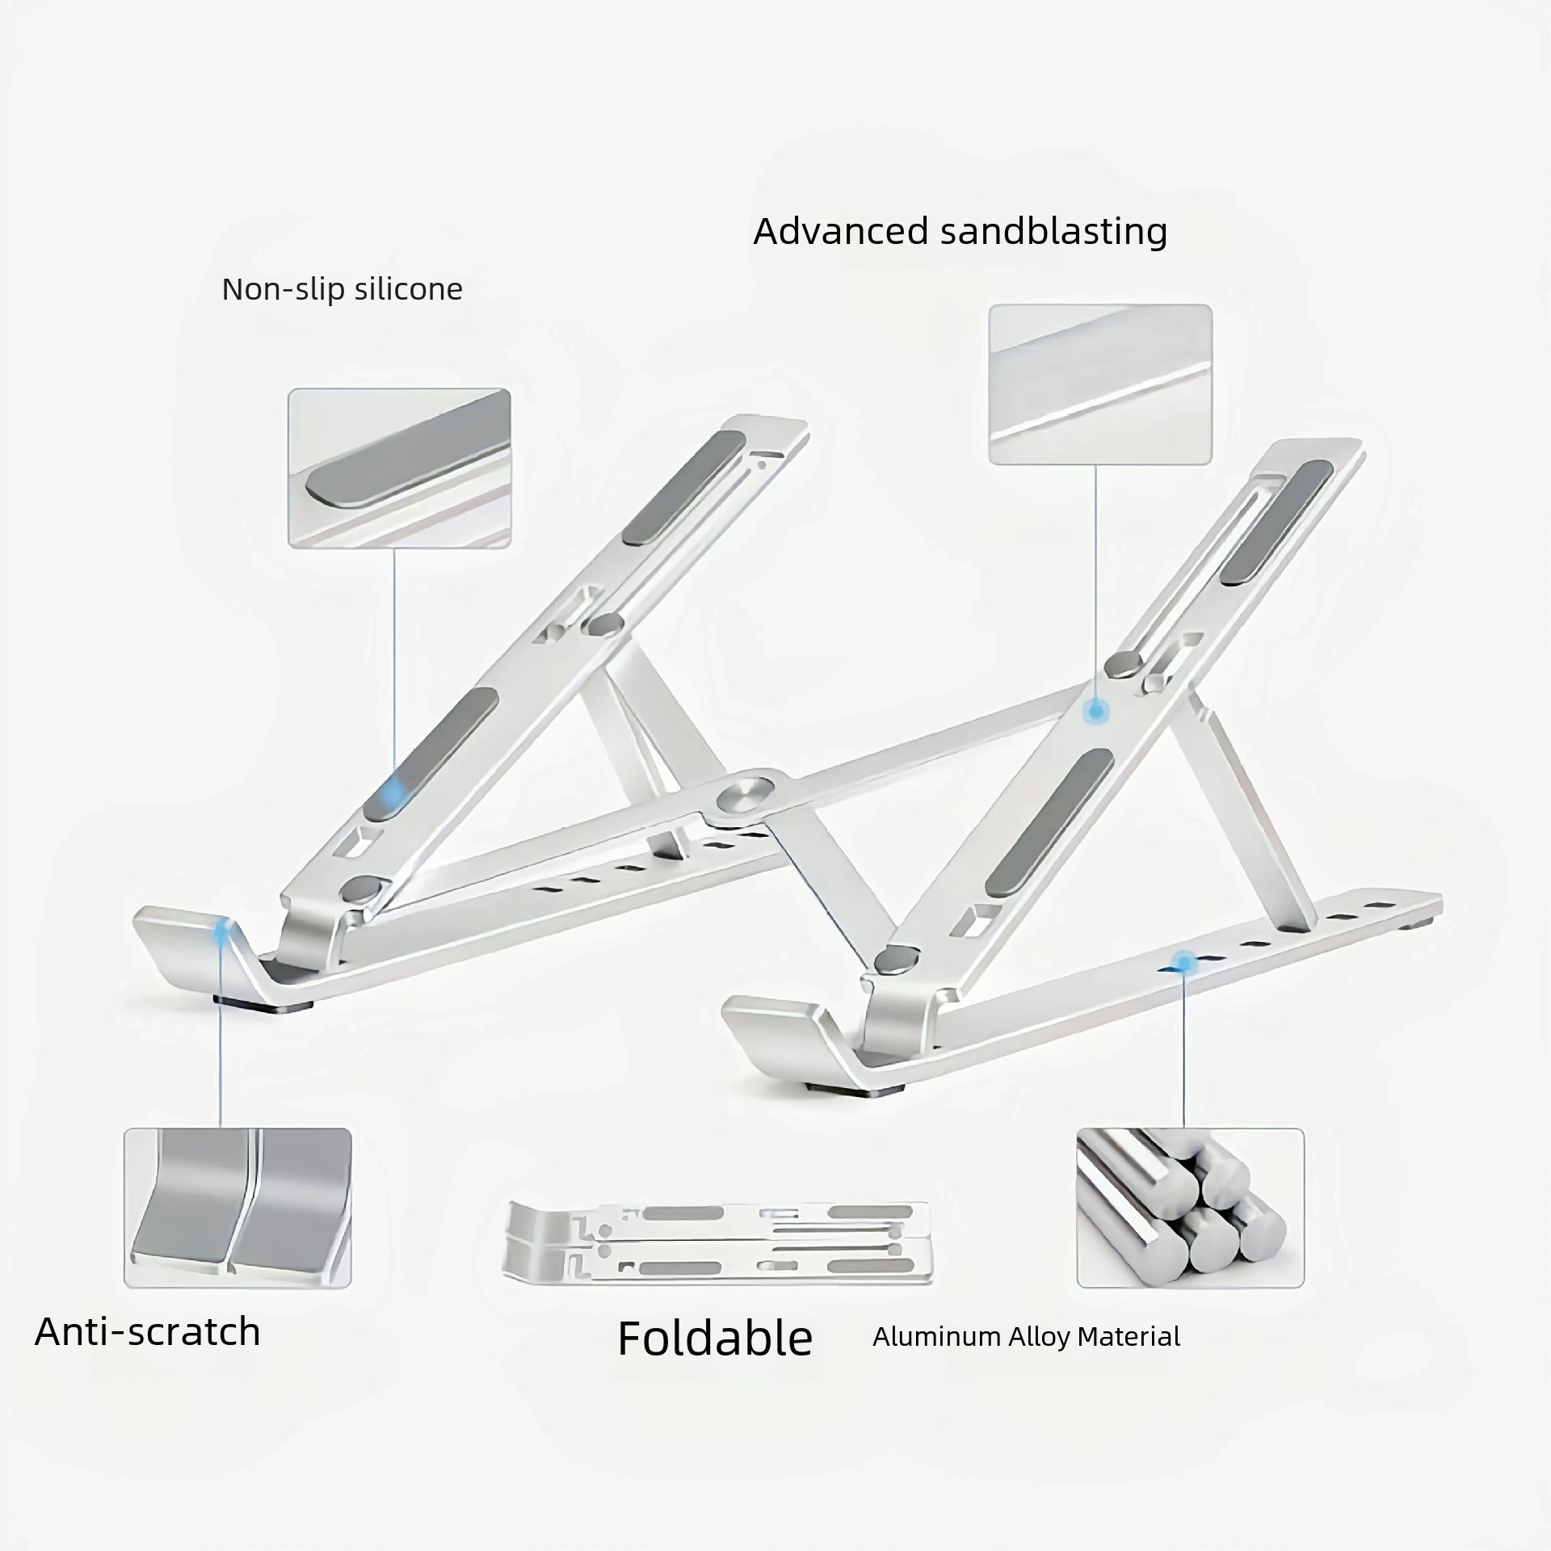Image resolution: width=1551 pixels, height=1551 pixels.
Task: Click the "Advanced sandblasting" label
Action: (x=960, y=232)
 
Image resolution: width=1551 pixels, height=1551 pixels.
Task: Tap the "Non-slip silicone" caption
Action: (x=343, y=289)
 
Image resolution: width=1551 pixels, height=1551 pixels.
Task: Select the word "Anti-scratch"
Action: (x=148, y=1331)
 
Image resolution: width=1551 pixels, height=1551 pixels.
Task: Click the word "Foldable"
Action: (x=715, y=1339)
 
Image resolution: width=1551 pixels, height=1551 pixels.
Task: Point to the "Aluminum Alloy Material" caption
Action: (x=1026, y=1337)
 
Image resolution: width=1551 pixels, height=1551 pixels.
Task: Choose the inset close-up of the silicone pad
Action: (x=400, y=469)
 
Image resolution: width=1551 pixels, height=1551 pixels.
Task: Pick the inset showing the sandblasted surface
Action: (x=1100, y=385)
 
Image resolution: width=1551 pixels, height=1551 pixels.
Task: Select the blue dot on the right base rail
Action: (x=1183, y=961)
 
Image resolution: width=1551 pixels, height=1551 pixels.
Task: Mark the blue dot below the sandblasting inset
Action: (x=1095, y=711)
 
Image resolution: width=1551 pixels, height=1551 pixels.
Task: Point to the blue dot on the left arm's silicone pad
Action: (x=395, y=787)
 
